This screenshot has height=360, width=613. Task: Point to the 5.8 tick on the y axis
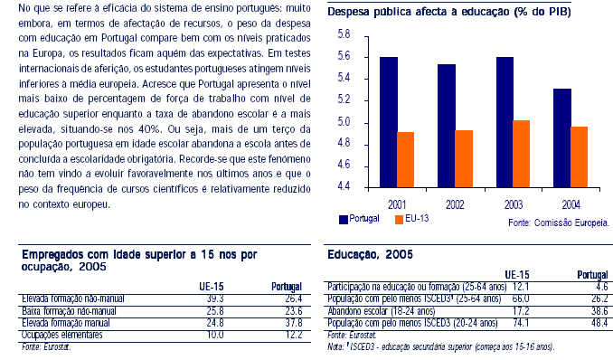point(343,34)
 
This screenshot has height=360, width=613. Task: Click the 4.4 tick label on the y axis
point(343,187)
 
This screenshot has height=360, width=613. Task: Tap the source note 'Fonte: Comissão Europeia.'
point(559,222)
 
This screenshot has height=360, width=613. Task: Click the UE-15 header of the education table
point(516,273)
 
